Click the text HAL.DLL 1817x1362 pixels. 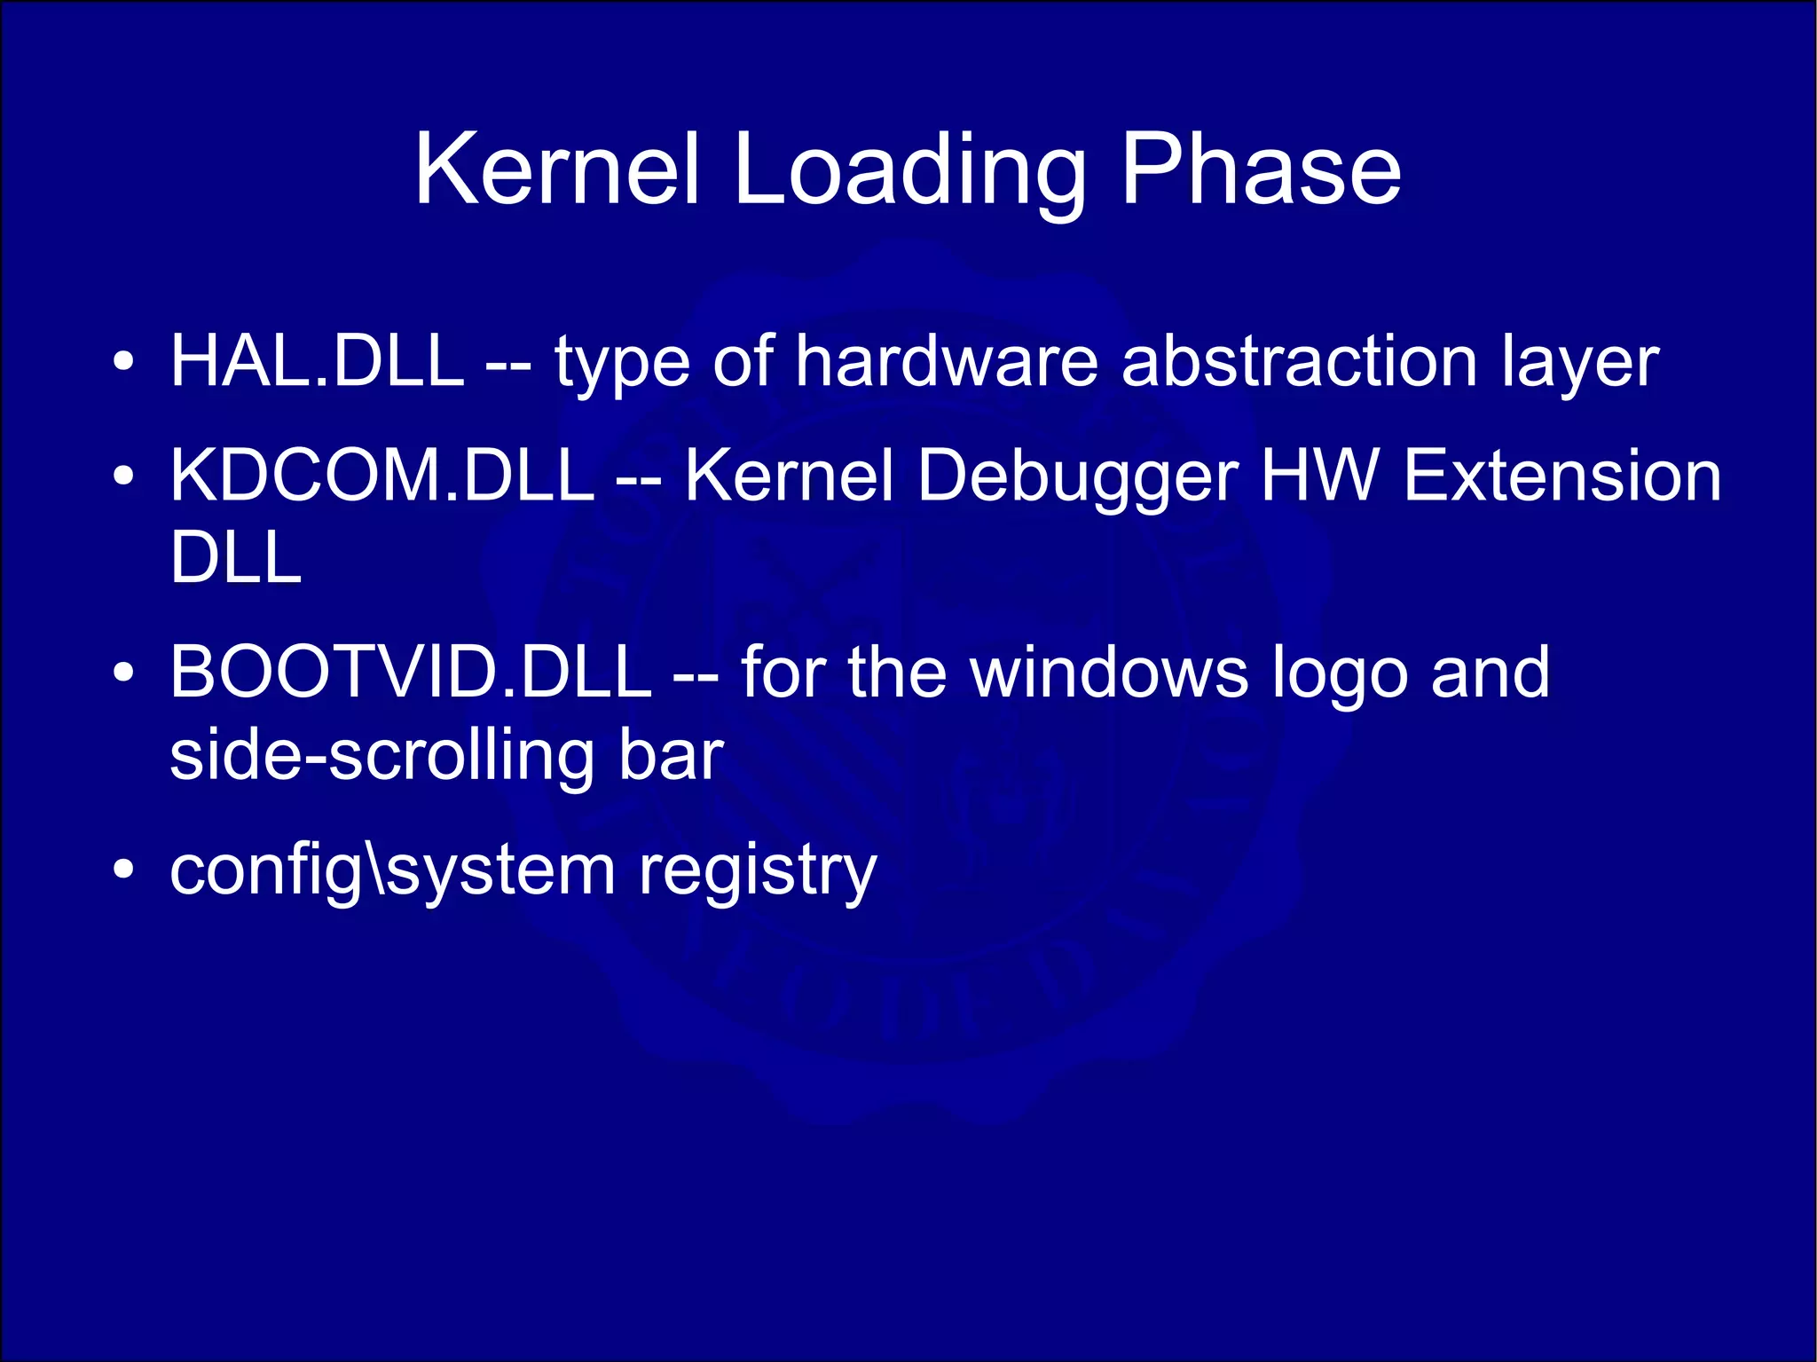317,361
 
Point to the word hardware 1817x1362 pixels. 947,361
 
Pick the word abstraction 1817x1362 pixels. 1300,361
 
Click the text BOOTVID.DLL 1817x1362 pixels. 411,672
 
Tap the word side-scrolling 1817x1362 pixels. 381,756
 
